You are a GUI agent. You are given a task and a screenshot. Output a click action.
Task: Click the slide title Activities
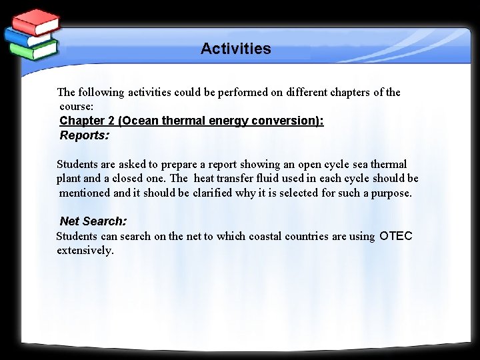[235, 49]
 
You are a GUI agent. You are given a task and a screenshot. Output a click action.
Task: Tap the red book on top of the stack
[37, 22]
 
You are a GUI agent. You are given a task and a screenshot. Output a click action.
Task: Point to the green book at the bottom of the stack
[33, 51]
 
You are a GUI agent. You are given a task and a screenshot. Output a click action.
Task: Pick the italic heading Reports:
[84, 135]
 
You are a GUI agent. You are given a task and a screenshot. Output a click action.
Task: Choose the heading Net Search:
[93, 221]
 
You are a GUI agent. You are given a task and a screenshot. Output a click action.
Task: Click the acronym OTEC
[396, 236]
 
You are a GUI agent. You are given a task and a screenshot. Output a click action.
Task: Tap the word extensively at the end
[85, 251]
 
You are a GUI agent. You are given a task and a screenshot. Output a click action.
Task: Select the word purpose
[391, 193]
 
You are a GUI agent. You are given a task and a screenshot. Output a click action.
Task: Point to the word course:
[76, 107]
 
